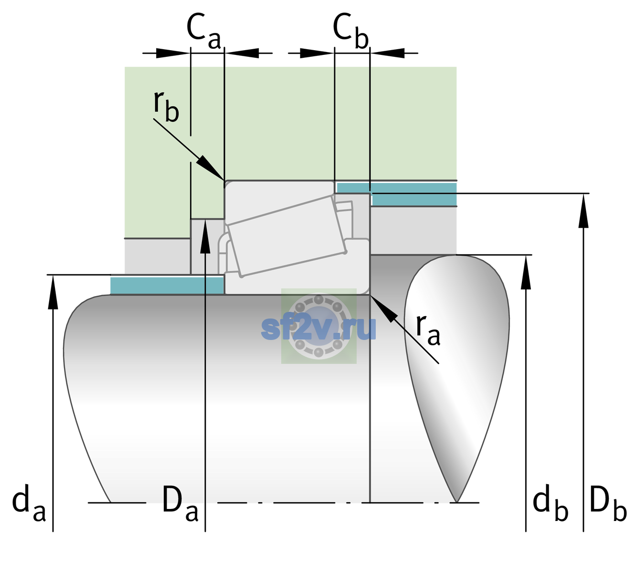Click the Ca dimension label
[203, 31]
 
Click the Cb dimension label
[351, 31]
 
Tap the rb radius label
[166, 106]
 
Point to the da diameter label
[29, 503]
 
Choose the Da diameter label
[180, 503]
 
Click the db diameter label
[550, 503]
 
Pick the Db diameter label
[608, 503]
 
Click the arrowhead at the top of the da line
[53, 292]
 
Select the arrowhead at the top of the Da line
[205, 236]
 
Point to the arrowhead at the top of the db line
[526, 272]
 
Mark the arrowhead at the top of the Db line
[583, 211]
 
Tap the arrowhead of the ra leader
[384, 308]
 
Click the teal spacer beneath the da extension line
[167, 285]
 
